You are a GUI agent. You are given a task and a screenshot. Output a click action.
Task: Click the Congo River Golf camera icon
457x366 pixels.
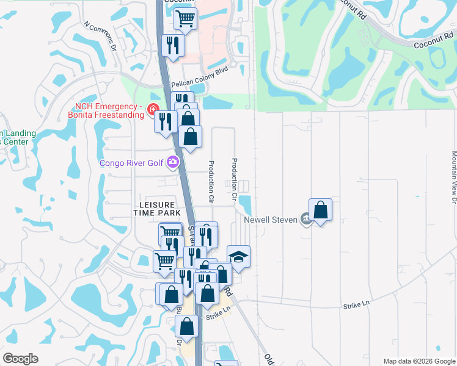[173, 162]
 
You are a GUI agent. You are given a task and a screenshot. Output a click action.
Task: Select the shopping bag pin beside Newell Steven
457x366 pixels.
[320, 211]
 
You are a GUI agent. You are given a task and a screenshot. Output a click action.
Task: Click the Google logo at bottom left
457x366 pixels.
[20, 359]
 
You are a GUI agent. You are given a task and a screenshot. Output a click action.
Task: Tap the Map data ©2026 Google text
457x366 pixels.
[419, 361]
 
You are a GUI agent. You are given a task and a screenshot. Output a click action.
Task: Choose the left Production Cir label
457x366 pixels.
[211, 182]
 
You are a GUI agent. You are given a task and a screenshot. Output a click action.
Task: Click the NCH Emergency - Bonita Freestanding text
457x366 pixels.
[108, 112]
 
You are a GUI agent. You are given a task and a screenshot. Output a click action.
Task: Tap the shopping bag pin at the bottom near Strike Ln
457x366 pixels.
[187, 326]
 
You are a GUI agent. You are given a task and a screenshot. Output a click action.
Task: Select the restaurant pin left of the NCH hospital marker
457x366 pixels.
[165, 121]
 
